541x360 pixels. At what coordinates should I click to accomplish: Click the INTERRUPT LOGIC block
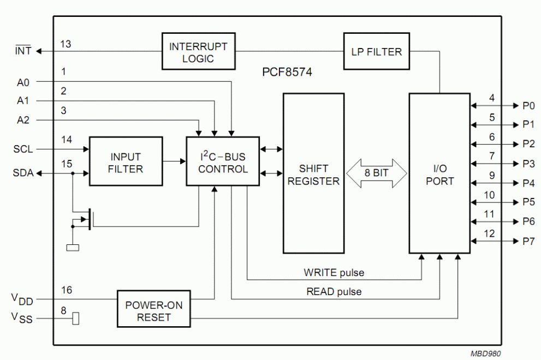(x=198, y=51)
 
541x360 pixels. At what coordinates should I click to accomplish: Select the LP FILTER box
(x=377, y=51)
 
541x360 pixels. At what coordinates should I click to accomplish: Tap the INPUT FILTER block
(x=126, y=161)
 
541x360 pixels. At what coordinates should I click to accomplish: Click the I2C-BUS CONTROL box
(x=223, y=161)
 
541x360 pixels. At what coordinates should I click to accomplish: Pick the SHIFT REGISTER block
(x=314, y=173)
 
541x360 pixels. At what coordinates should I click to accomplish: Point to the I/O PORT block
(x=439, y=173)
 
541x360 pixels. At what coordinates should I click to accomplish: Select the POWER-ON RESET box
(x=153, y=309)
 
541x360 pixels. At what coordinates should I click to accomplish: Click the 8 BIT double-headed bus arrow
(x=377, y=173)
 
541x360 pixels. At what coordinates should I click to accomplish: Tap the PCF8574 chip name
(x=287, y=72)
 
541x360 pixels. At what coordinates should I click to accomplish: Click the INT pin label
(x=23, y=51)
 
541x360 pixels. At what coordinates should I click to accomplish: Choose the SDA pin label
(x=23, y=173)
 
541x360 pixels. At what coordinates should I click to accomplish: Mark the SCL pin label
(x=23, y=149)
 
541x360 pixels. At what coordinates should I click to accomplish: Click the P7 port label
(x=528, y=242)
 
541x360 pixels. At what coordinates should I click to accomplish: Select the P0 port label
(x=528, y=105)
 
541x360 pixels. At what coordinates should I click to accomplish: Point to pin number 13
(x=66, y=44)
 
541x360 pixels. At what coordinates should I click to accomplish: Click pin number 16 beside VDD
(x=67, y=290)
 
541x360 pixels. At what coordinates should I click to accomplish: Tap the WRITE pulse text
(x=334, y=273)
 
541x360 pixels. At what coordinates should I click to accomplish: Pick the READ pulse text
(x=334, y=292)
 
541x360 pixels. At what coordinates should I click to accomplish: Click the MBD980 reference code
(x=486, y=353)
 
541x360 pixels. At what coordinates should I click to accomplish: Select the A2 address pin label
(x=23, y=120)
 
